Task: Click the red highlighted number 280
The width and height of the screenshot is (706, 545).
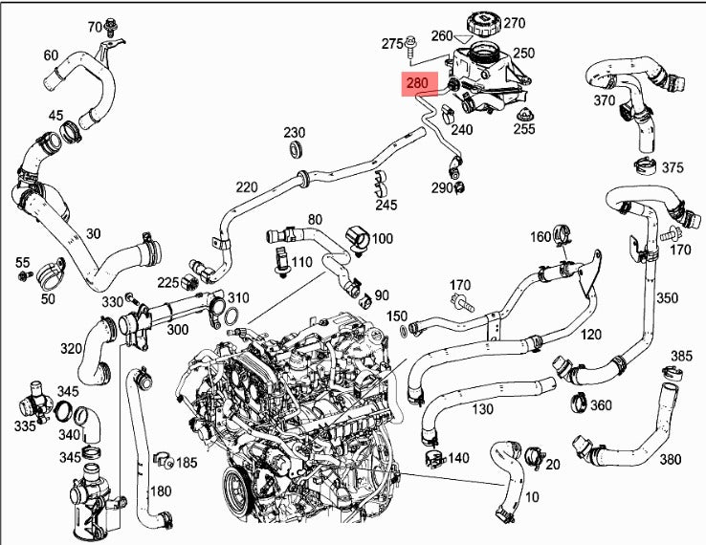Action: coord(417,84)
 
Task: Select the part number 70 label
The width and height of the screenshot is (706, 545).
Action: coord(95,25)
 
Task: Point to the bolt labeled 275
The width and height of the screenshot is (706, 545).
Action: coord(410,43)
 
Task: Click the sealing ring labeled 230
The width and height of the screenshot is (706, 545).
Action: coord(294,150)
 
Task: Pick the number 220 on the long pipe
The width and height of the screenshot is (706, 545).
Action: coord(247,186)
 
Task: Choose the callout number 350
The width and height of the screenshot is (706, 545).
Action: coord(667,298)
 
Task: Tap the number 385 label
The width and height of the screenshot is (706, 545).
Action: coord(680,357)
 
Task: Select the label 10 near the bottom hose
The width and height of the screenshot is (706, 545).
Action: coord(532,496)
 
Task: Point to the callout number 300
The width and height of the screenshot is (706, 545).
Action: coord(178,329)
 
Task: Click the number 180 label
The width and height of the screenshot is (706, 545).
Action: coord(161,490)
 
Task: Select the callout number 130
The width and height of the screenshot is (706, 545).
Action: coord(482,409)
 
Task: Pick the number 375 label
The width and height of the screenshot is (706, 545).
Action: coord(673,167)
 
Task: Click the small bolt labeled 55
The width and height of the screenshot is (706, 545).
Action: coord(24,275)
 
